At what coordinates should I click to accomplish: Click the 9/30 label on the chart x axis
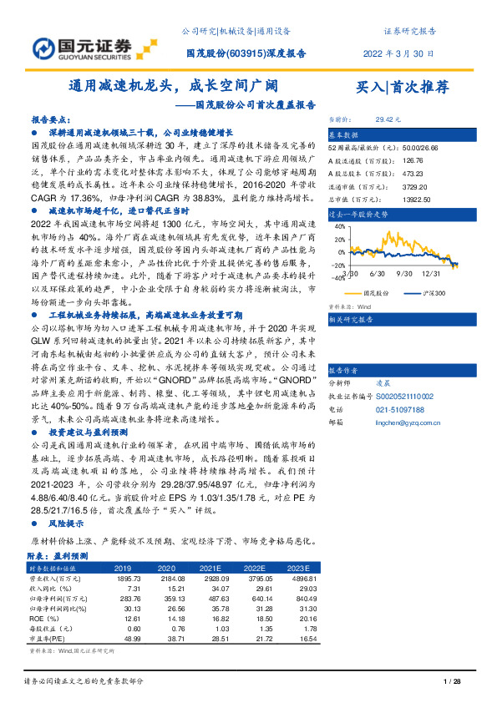[406, 273]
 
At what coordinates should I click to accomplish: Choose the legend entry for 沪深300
[433, 293]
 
